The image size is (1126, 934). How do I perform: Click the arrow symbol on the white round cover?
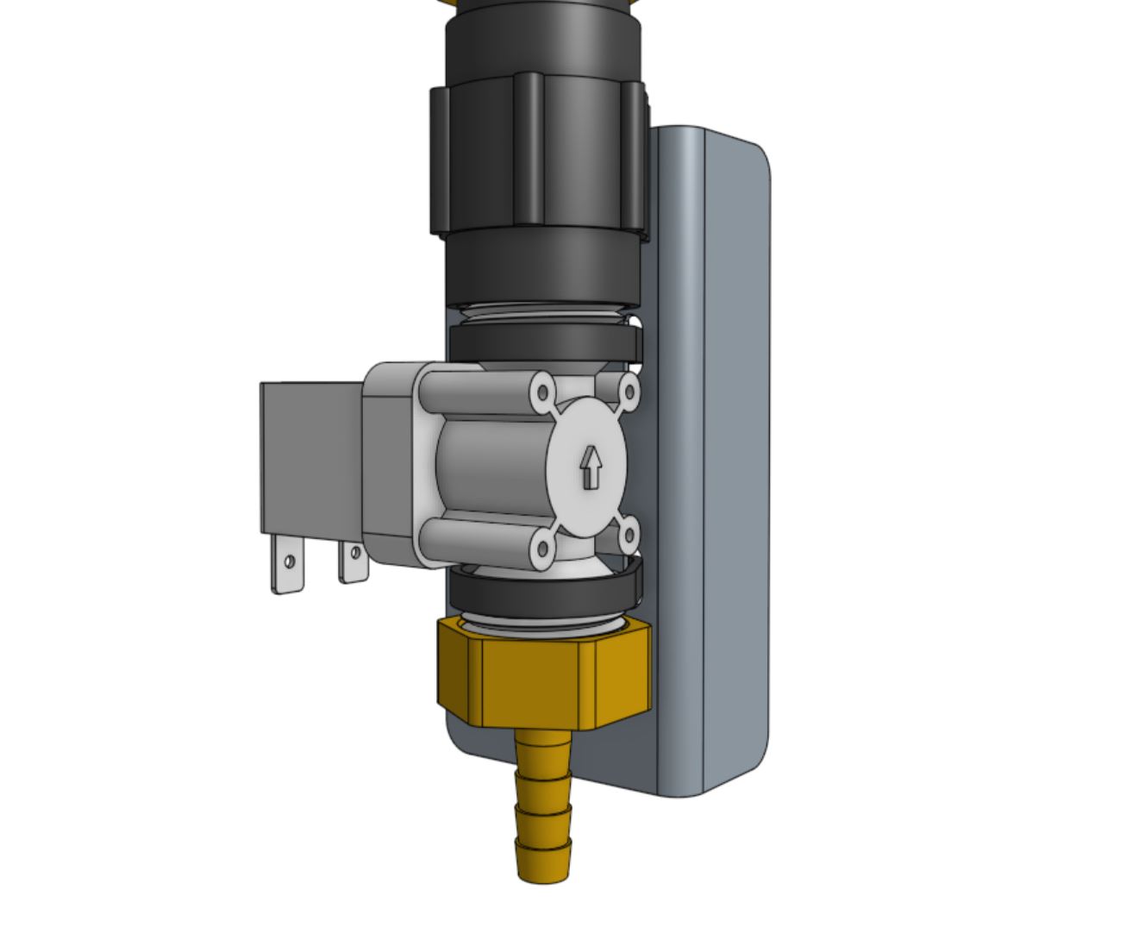coord(591,468)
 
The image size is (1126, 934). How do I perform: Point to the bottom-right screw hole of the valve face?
coord(629,536)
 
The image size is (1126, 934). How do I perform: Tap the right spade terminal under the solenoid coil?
coord(353,562)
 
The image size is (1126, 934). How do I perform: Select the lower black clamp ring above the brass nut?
coord(543,592)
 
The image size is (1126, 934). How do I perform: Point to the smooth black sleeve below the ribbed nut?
coord(541,267)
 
